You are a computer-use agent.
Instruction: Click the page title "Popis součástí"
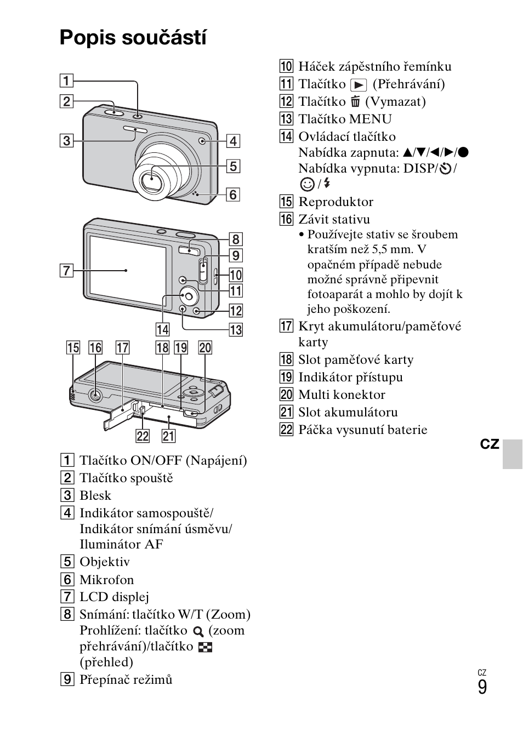pos(133,38)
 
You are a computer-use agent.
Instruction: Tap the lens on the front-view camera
pos(150,179)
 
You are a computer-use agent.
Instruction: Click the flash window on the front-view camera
pos(135,130)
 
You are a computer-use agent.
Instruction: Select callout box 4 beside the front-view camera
pos(233,141)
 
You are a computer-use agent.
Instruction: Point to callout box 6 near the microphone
pos(233,194)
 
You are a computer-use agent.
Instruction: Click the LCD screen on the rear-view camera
pos(127,269)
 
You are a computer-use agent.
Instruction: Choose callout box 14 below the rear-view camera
pos(162,329)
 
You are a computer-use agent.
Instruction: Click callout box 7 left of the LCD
pos(66,270)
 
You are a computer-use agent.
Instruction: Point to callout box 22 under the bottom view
pos(143,436)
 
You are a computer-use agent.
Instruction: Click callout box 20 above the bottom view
pos(205,347)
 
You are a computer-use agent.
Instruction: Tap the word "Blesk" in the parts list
pos(95,495)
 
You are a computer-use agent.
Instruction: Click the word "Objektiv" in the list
pos(105,562)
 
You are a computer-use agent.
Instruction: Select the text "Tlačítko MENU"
pos(345,119)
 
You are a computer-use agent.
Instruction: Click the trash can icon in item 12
pos(356,102)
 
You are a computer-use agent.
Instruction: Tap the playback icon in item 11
pos(359,85)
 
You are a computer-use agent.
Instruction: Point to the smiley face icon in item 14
pos(307,184)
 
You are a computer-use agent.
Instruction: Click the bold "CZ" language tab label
pos(490,444)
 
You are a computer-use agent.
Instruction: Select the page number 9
pos(482,687)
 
